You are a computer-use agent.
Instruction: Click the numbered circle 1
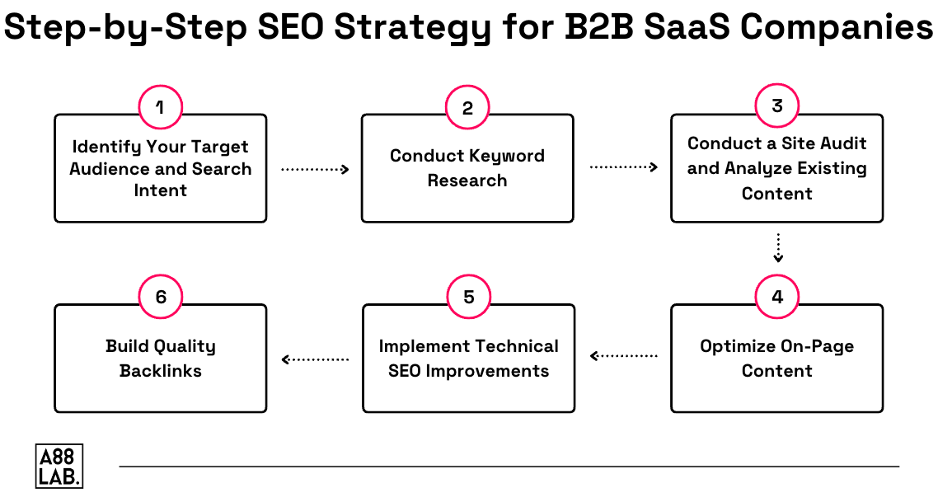coord(160,107)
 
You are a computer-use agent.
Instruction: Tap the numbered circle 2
coord(467,108)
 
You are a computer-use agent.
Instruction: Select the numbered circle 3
coord(776,106)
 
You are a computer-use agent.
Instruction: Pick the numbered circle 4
coord(776,298)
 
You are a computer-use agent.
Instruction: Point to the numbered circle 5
coord(468,298)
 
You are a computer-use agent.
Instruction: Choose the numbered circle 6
coord(160,298)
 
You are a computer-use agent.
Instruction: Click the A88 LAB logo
coord(59,466)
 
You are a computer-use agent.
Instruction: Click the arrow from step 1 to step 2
coord(315,169)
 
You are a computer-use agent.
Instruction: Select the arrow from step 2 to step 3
coord(623,167)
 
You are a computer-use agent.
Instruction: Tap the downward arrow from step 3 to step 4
coord(777,248)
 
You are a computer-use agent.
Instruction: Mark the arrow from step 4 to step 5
coord(623,357)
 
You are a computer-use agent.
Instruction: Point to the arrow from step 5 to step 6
coord(315,359)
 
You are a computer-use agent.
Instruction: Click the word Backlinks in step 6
coord(161,371)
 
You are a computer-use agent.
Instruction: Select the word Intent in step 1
coord(161,190)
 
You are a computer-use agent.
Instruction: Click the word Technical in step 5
coord(514,346)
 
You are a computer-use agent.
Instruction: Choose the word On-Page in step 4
coord(815,346)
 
